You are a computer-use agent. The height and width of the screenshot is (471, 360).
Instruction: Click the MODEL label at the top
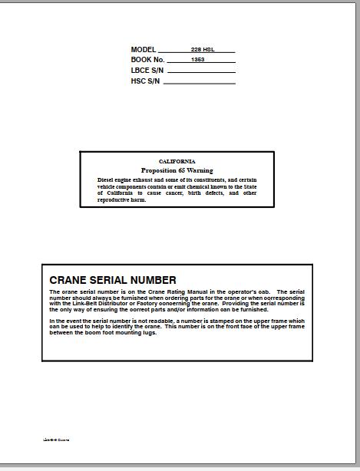tap(144, 50)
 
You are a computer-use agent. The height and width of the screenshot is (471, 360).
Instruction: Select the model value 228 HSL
tap(203, 50)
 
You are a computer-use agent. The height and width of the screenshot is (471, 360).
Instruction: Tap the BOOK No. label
tap(148, 59)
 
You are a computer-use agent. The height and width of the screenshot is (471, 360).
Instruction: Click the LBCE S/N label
tap(146, 71)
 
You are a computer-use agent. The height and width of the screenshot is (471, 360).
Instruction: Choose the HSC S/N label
tap(145, 81)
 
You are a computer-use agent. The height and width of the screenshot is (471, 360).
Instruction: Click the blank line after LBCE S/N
tap(200, 72)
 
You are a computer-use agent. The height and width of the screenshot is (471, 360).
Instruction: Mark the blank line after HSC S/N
tap(200, 83)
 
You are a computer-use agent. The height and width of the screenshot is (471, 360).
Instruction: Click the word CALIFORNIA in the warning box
tap(177, 161)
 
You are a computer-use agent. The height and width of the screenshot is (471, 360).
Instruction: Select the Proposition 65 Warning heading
tap(177, 170)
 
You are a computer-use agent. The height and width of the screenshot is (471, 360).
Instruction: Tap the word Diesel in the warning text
tap(106, 180)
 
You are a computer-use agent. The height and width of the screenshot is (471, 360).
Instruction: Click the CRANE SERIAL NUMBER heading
tap(113, 280)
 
